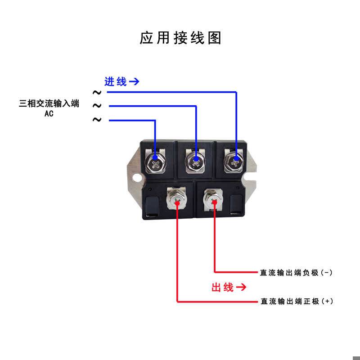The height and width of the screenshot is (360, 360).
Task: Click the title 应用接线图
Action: pyautogui.click(x=180, y=38)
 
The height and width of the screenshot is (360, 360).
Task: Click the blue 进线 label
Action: pyautogui.click(x=115, y=82)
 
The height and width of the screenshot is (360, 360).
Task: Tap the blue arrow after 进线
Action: pyautogui.click(x=134, y=82)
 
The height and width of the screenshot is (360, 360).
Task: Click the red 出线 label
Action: pyautogui.click(x=223, y=287)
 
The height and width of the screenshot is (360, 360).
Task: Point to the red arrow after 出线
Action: pyautogui.click(x=241, y=287)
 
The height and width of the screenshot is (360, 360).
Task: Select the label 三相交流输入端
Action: pyautogui.click(x=49, y=104)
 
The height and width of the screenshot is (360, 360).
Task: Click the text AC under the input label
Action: pyautogui.click(x=49, y=113)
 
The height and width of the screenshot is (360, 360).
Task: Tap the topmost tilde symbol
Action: pyautogui.click(x=97, y=92)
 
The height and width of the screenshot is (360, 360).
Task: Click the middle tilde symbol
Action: pyautogui.click(x=97, y=106)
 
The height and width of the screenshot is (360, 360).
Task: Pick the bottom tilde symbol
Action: pyautogui.click(x=97, y=120)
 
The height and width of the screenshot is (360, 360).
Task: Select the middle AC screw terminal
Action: pyautogui.click(x=196, y=161)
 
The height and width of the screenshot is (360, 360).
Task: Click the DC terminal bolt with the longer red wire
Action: pyautogui.click(x=177, y=198)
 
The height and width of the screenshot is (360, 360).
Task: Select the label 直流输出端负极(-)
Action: pyautogui.click(x=296, y=273)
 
